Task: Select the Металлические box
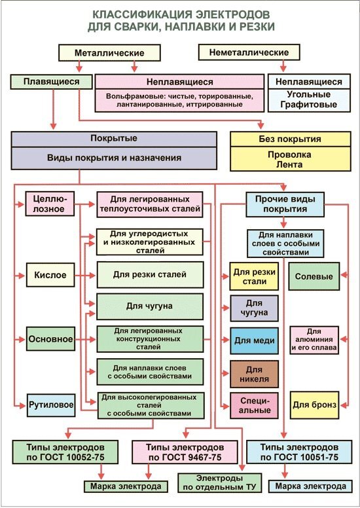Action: pyautogui.click(x=110, y=52)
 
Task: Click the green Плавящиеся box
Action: pyautogui.click(x=51, y=82)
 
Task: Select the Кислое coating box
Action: pyautogui.click(x=50, y=275)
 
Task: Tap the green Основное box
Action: pyautogui.click(x=50, y=339)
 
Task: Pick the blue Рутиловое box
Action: pyautogui.click(x=50, y=405)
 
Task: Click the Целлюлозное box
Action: pyautogui.click(x=50, y=203)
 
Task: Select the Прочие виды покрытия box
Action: pyautogui.click(x=285, y=204)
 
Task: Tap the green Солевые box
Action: pyautogui.click(x=314, y=276)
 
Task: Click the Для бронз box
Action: pyautogui.click(x=314, y=405)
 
